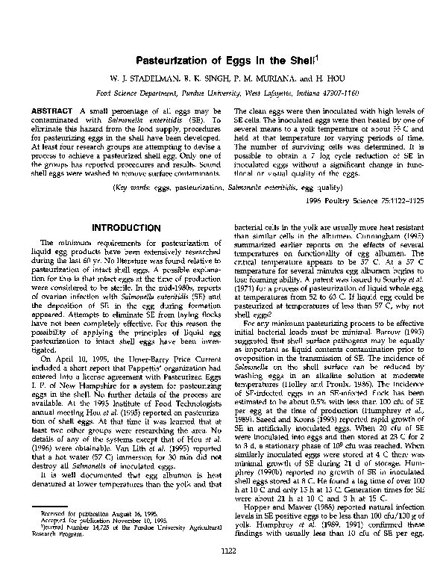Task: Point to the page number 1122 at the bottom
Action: (223, 572)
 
